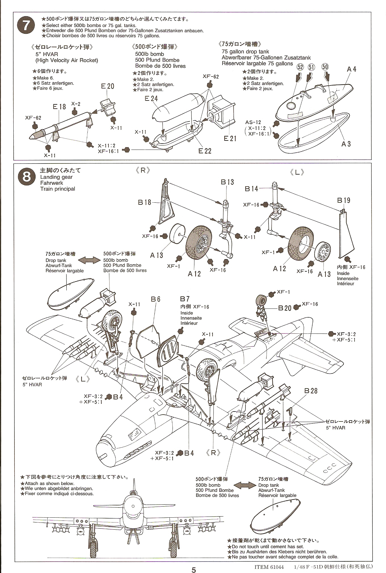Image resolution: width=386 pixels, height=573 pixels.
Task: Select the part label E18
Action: pos(59,107)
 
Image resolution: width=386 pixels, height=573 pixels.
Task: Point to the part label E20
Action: pos(108,86)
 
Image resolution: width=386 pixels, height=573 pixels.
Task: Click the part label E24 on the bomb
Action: pos(151,98)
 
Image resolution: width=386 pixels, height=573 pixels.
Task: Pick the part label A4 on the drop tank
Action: pos(351,69)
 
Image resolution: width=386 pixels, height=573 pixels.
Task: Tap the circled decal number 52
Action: pos(300,67)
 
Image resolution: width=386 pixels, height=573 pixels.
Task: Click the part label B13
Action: pos(227,182)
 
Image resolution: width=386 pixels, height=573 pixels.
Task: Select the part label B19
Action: pos(344,200)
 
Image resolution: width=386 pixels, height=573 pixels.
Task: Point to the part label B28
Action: pos(311,391)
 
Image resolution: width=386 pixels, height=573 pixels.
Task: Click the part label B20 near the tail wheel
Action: pos(284,308)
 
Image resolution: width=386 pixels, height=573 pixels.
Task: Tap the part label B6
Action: pos(156,299)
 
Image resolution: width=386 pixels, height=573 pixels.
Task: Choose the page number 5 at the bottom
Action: pos(194,562)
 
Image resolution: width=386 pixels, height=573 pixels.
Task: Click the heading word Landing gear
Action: pos(56,177)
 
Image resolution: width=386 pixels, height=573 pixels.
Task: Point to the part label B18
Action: pos(144,202)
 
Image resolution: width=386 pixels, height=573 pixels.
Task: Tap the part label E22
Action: pos(205,151)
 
